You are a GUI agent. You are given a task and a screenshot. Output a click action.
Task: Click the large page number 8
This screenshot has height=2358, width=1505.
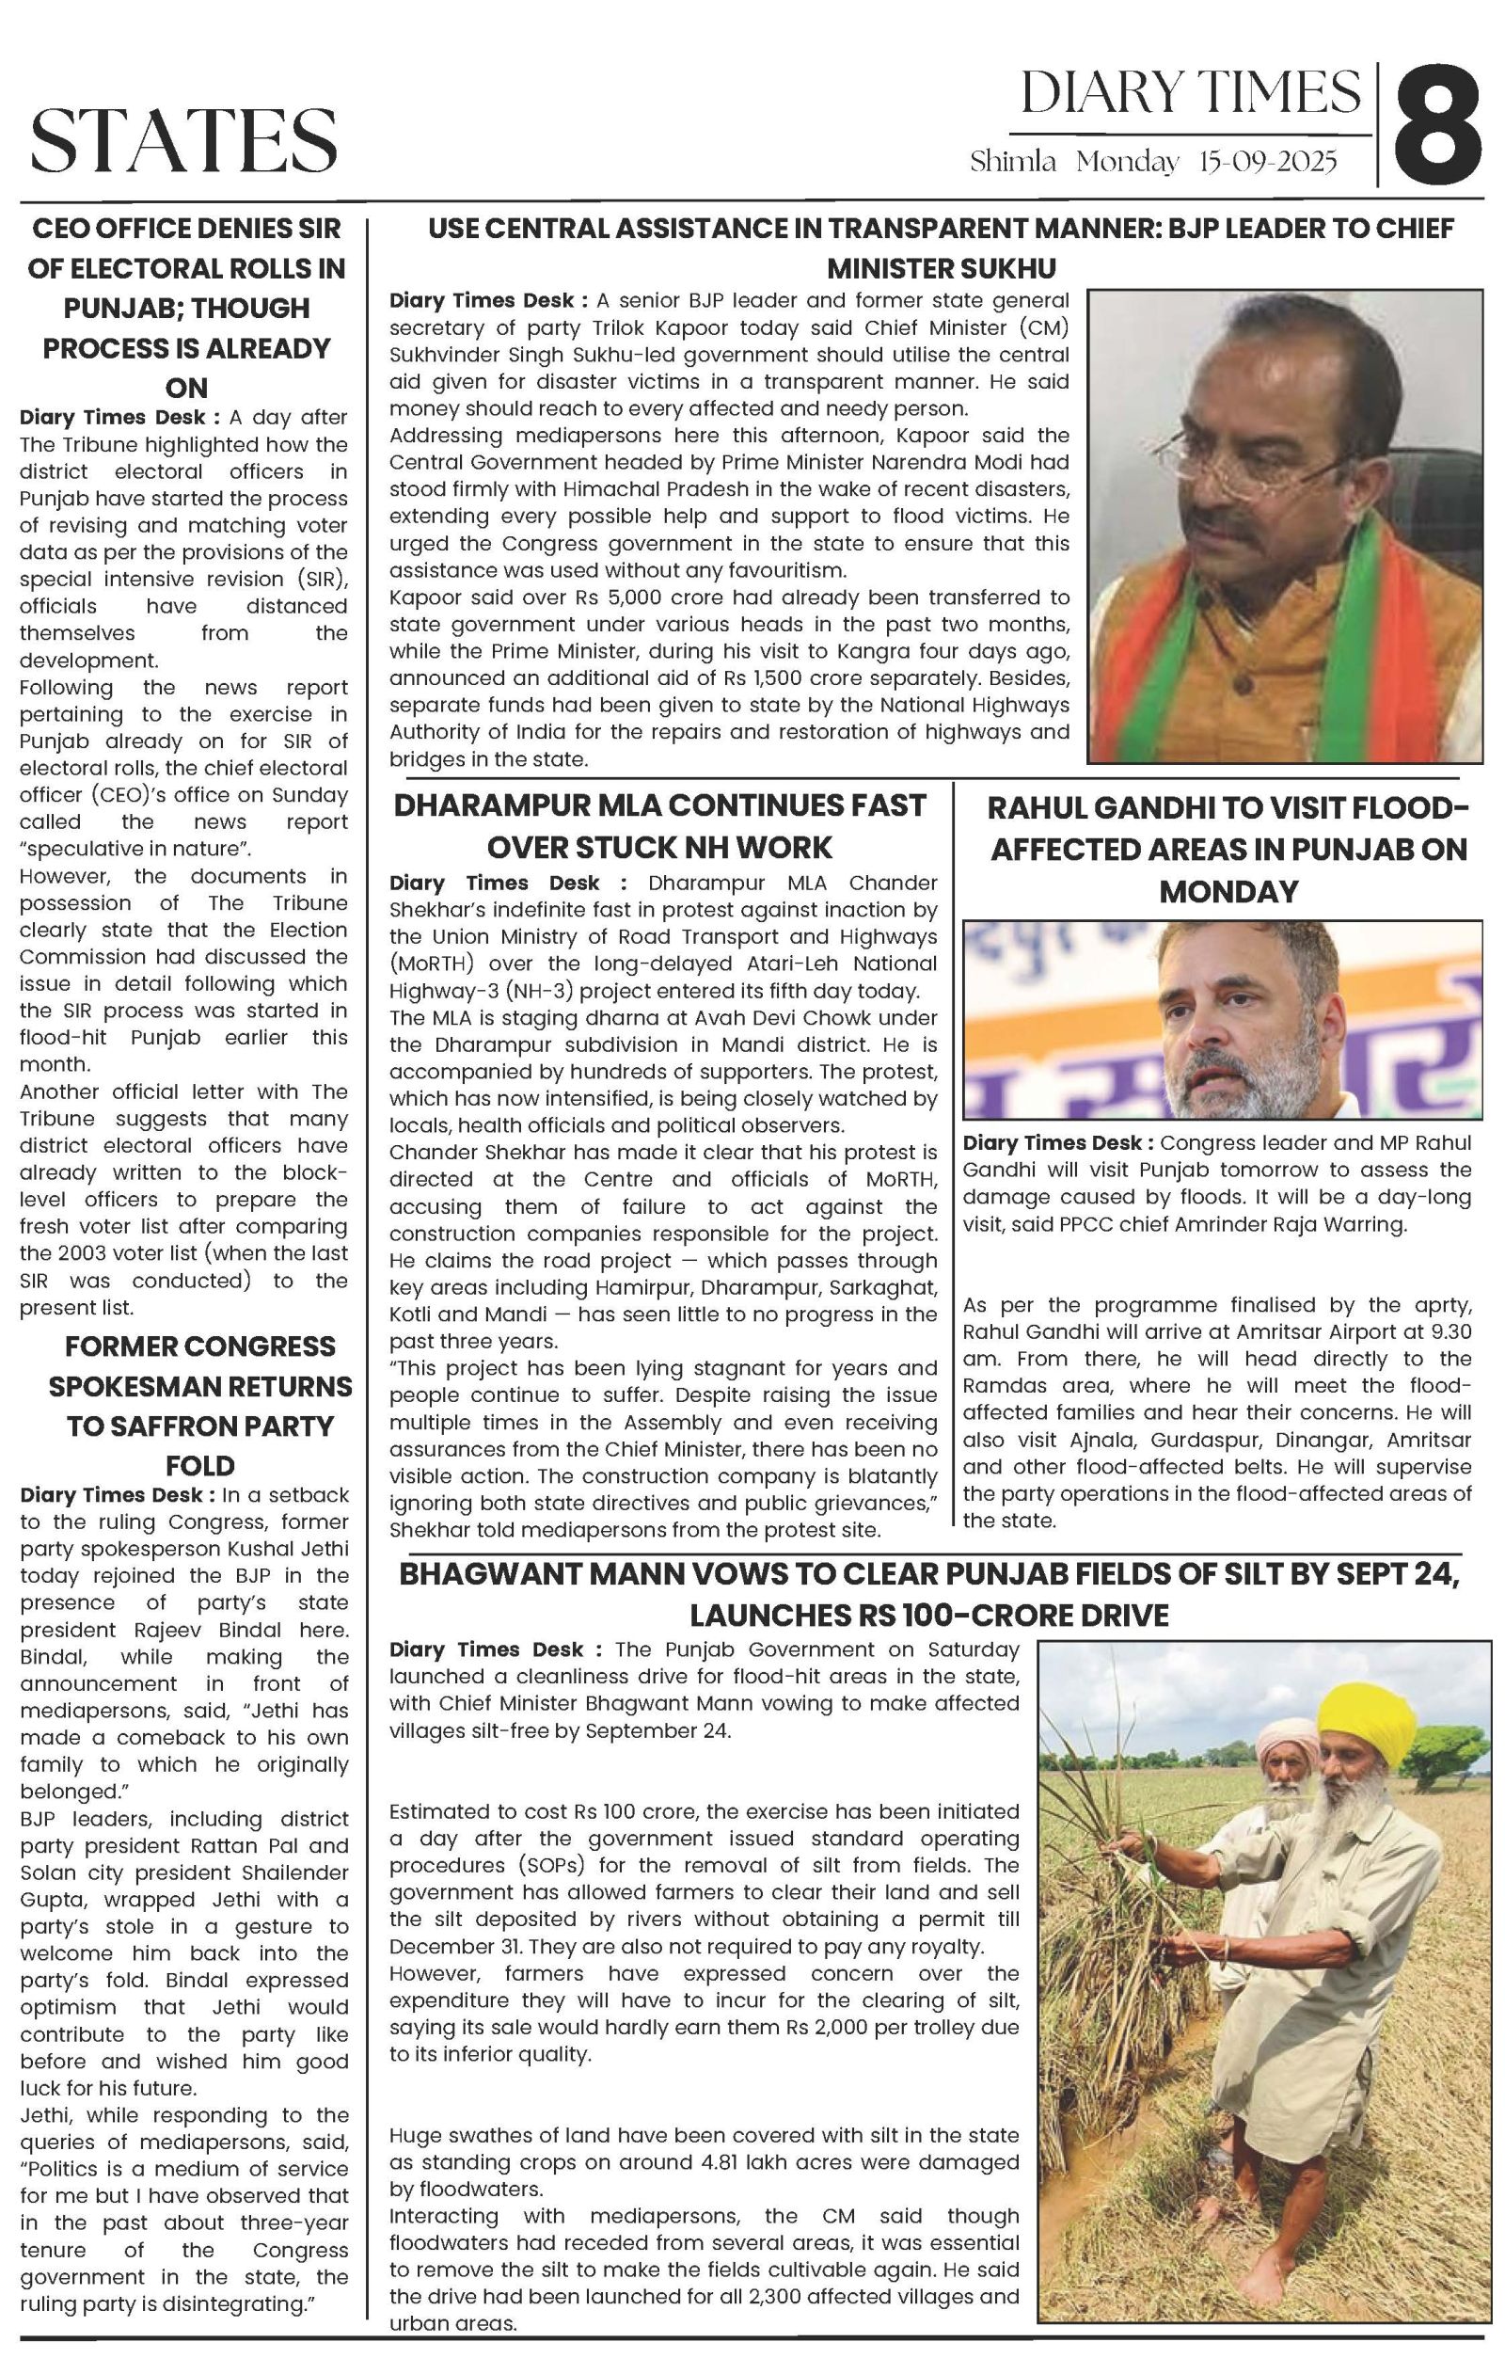pyautogui.click(x=1436, y=124)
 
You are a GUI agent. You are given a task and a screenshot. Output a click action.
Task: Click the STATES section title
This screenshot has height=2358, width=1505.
pyautogui.click(x=184, y=141)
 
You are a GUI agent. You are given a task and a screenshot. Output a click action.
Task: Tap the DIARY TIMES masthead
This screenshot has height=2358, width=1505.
pyautogui.click(x=1190, y=94)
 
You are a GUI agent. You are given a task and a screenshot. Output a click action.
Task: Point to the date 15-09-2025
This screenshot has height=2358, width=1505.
pyautogui.click(x=1267, y=162)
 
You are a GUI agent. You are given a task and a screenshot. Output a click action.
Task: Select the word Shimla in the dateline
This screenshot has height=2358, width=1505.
pyautogui.click(x=1012, y=162)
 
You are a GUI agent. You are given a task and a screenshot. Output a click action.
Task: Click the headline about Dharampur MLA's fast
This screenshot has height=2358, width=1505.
pyautogui.click(x=659, y=825)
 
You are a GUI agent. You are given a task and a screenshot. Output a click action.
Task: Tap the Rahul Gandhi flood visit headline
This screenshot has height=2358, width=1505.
pyautogui.click(x=1228, y=849)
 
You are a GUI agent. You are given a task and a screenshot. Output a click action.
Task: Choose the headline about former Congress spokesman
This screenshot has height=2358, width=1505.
pyautogui.click(x=199, y=1405)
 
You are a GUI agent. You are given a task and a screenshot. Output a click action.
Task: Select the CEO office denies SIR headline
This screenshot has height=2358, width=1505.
pyautogui.click(x=186, y=308)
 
